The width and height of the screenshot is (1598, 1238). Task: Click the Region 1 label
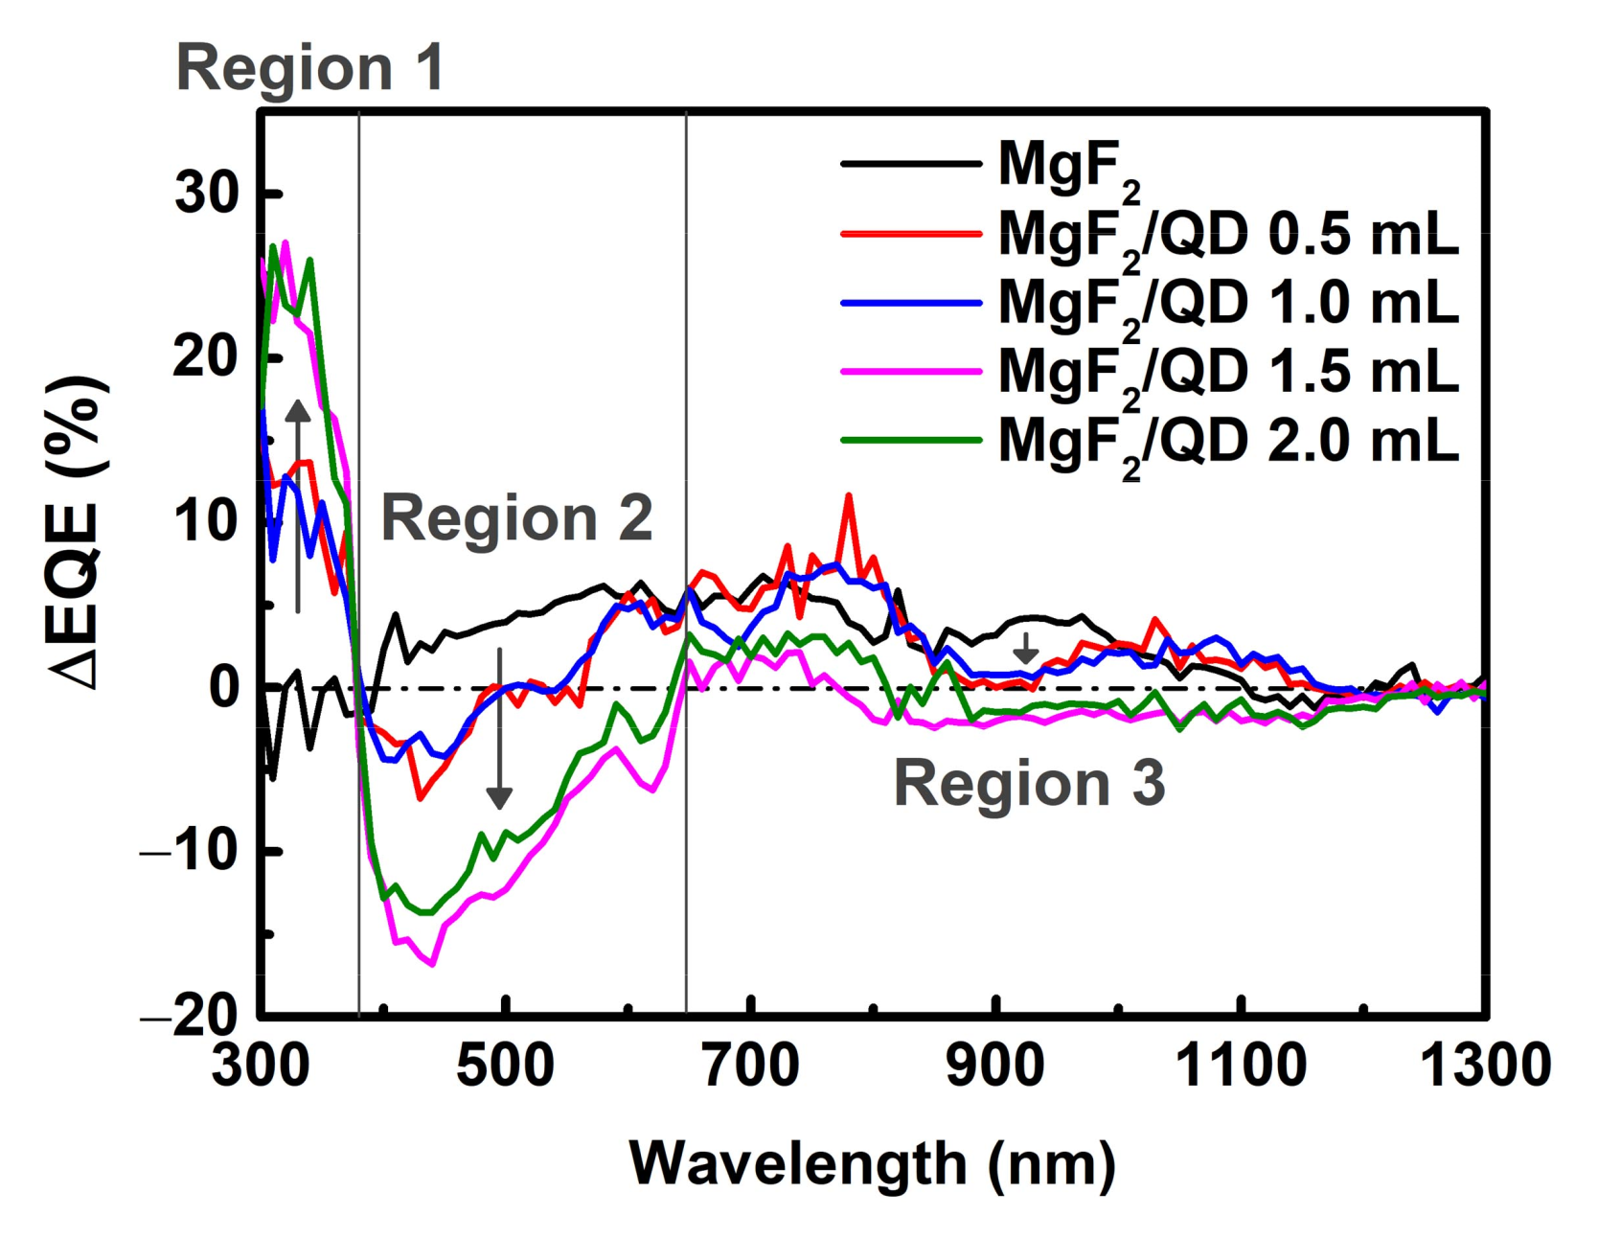[x=309, y=69]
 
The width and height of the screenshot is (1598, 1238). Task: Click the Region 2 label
[x=516, y=518]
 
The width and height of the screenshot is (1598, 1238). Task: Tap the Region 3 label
[x=1029, y=783]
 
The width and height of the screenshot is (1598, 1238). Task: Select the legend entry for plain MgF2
[x=1068, y=165]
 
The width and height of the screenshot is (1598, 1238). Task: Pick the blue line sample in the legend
[x=911, y=303]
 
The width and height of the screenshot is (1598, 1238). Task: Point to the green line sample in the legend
[x=911, y=440]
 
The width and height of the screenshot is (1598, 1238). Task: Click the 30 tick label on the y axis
[x=207, y=194]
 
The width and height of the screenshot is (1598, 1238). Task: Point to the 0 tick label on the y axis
[x=224, y=687]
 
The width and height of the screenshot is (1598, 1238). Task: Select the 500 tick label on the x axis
[x=505, y=1066]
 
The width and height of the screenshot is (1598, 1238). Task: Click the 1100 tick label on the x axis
[x=1241, y=1066]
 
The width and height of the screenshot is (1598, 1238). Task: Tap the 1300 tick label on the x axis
[x=1484, y=1066]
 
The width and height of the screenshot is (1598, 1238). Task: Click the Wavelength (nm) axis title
[x=873, y=1163]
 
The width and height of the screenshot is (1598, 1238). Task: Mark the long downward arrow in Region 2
[x=499, y=728]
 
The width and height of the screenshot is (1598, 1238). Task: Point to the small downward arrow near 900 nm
[x=1026, y=649]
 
